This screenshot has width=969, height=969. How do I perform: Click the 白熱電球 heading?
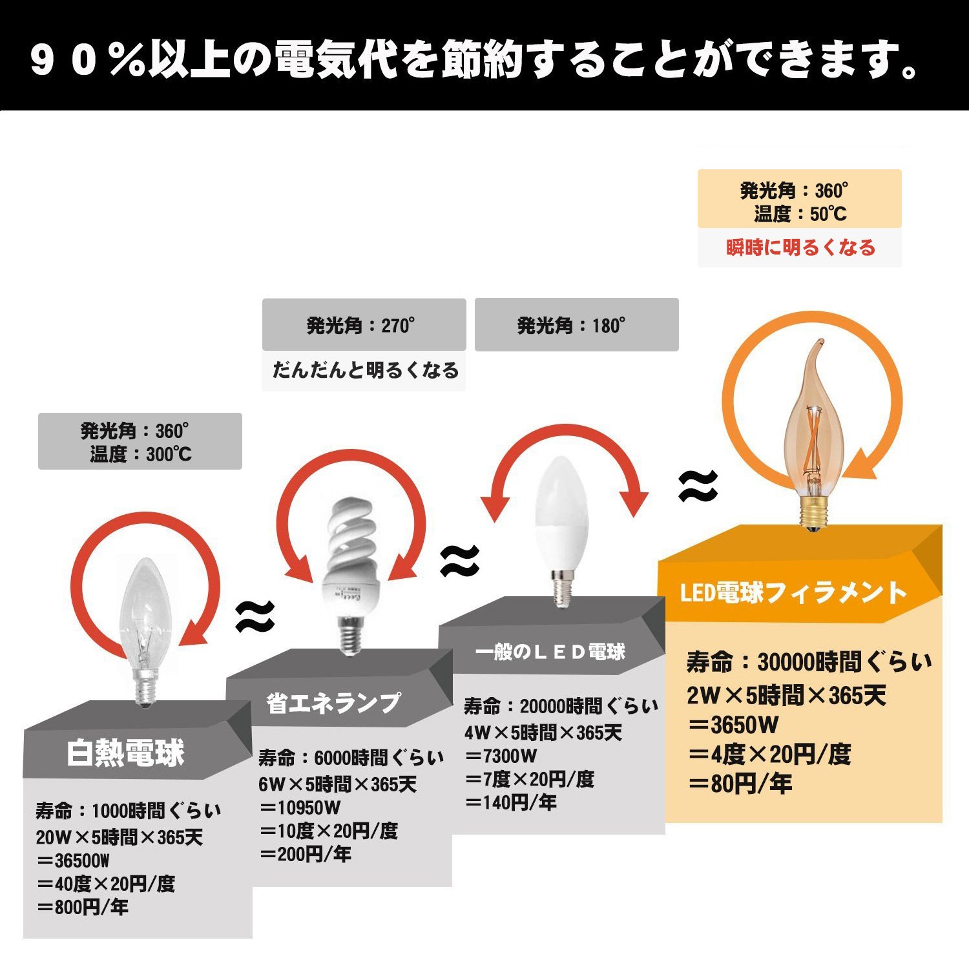coord(126,753)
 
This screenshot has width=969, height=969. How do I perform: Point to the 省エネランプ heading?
coord(333,703)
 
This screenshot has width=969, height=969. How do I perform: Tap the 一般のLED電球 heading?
coord(550,652)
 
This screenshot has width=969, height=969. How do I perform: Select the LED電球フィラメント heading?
coord(794,593)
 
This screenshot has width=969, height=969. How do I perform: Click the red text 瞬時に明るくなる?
coord(800,247)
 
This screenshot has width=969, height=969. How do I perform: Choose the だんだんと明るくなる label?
coord(365,370)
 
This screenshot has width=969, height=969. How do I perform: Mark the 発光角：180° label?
coord(571,326)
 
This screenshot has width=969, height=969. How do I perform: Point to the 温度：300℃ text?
coord(141,455)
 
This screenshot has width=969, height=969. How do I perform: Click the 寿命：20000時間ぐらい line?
coord(561,706)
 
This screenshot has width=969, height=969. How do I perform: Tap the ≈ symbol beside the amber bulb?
coord(698,486)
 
